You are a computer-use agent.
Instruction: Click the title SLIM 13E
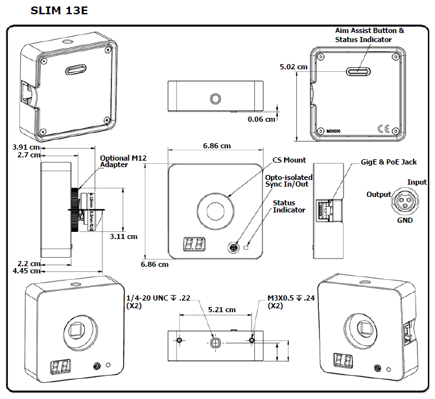59,11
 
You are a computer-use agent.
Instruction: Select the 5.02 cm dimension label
292,67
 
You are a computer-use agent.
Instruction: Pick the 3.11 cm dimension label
123,236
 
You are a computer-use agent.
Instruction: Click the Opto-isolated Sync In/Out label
288,181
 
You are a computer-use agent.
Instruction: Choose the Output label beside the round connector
379,194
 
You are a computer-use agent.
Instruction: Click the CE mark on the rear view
382,128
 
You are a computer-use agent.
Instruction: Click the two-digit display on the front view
195,244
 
